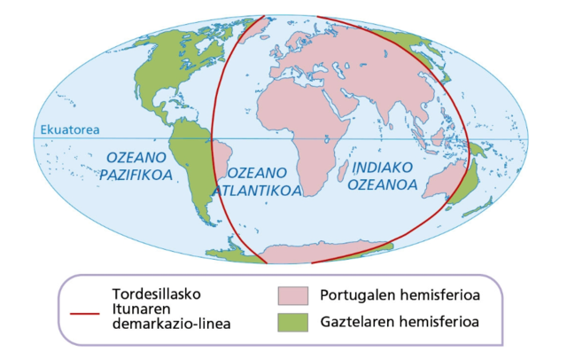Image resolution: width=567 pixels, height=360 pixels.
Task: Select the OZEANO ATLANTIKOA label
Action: click(x=260, y=180)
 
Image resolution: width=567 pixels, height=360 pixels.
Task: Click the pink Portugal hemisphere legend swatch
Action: click(x=292, y=295)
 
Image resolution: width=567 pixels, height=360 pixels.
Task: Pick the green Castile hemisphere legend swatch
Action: click(x=292, y=321)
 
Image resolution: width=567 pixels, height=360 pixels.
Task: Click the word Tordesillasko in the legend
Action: click(x=156, y=293)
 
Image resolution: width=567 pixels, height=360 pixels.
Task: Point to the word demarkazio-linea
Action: click(x=173, y=324)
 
